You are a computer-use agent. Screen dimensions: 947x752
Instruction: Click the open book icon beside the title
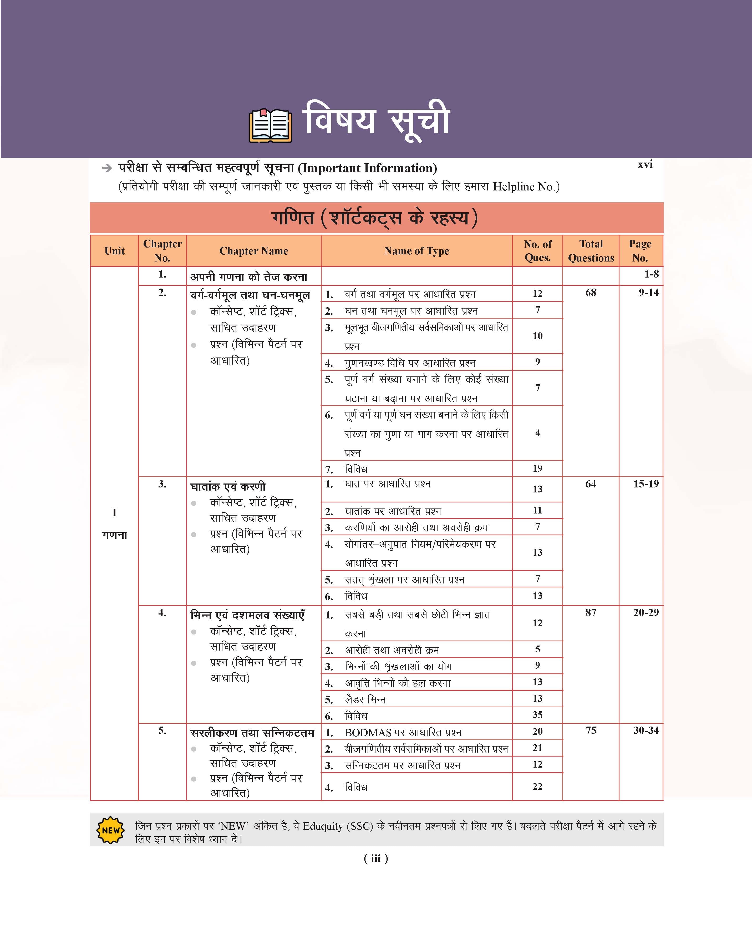(270, 126)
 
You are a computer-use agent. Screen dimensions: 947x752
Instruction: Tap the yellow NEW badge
(110, 830)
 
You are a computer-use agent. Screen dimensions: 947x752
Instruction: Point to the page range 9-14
(648, 293)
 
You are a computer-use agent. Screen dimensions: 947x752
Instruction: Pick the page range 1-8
(651, 274)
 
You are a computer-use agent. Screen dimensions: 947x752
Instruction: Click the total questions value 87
(591, 612)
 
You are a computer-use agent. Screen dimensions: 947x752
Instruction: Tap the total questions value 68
(591, 293)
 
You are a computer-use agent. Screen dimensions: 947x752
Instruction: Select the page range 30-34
(646, 731)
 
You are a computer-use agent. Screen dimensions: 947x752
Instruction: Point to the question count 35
(537, 715)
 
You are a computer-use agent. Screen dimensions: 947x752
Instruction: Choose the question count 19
(537, 468)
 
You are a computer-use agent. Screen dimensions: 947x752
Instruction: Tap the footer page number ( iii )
(376, 859)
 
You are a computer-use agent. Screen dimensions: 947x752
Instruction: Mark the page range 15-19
(646, 484)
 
